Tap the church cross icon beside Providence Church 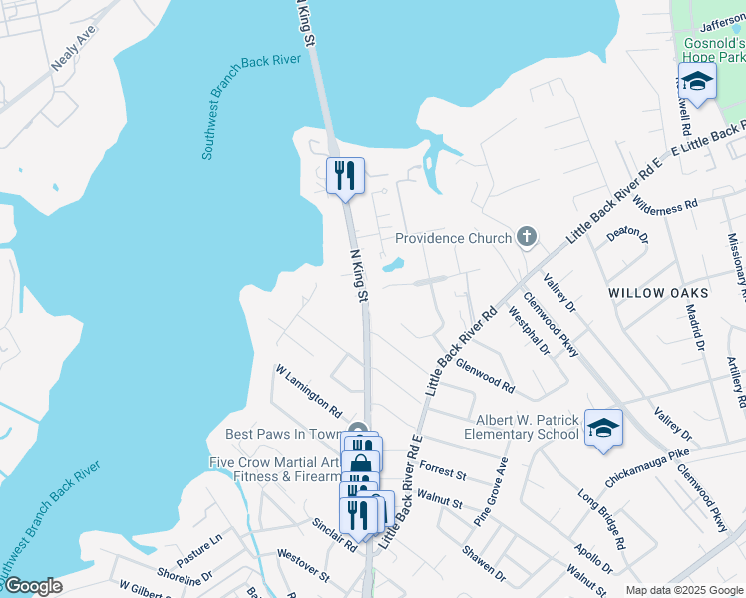(527, 237)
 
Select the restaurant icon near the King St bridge (345, 176)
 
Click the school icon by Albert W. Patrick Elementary (603, 428)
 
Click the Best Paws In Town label (283, 434)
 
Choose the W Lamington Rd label (309, 392)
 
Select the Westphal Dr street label (529, 333)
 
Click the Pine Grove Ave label (491, 491)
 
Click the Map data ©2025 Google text (683, 590)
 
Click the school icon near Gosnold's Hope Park (697, 82)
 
